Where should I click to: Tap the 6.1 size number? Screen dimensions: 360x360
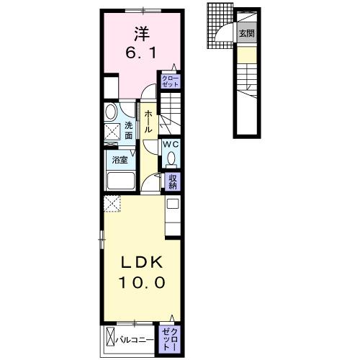pyautogui.click(x=139, y=54)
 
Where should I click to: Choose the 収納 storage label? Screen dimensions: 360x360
pyautogui.click(x=173, y=181)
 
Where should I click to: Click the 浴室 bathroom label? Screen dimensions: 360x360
pyautogui.click(x=120, y=160)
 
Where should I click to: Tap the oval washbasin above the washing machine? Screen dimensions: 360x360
pyautogui.click(x=111, y=112)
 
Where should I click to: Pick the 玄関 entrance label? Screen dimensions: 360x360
pyautogui.click(x=247, y=33)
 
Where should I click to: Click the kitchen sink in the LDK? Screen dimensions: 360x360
pyautogui.click(x=173, y=205)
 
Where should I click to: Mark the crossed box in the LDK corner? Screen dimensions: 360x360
pyautogui.click(x=113, y=204)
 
